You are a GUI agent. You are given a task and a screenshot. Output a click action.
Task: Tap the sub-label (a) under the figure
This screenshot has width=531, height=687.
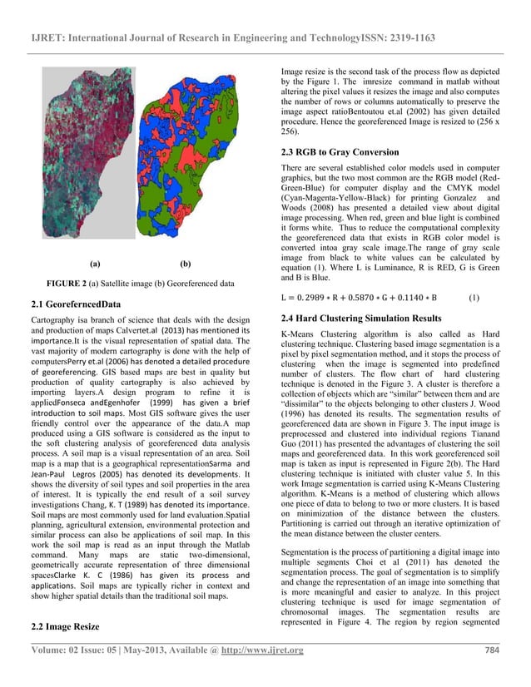95,264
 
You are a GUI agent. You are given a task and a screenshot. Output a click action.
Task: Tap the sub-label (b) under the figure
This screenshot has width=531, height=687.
185,264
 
